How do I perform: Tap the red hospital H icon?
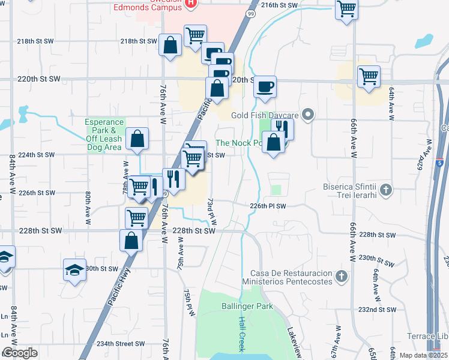pyautogui.click(x=191, y=3)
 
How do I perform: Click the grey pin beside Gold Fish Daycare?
pyautogui.click(x=309, y=113)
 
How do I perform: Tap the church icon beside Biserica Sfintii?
pyautogui.click(x=386, y=191)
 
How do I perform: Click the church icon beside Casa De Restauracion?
pyautogui.click(x=342, y=277)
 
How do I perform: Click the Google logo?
pyautogui.click(x=20, y=353)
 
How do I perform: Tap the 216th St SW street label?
pyautogui.click(x=280, y=5)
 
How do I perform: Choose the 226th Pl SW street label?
pyautogui.click(x=268, y=206)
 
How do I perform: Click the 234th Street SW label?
pyautogui.click(x=121, y=344)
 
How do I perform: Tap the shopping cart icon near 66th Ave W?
pyautogui.click(x=369, y=76)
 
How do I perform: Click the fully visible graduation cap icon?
pyautogui.click(x=74, y=269)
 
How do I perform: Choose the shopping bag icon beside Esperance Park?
pyautogui.click(x=137, y=139)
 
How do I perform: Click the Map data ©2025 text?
pyautogui.click(x=423, y=355)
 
